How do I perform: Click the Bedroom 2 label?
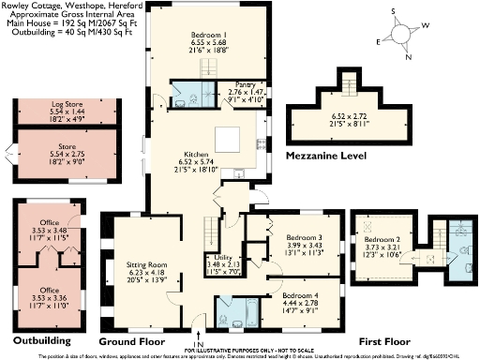click(382, 240)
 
